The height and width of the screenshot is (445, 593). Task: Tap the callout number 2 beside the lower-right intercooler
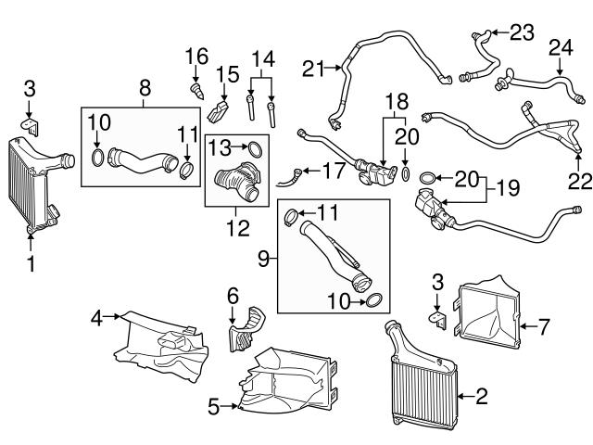point(481,397)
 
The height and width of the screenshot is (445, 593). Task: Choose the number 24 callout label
point(561,46)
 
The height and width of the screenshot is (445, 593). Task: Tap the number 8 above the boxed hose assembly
point(145,88)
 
